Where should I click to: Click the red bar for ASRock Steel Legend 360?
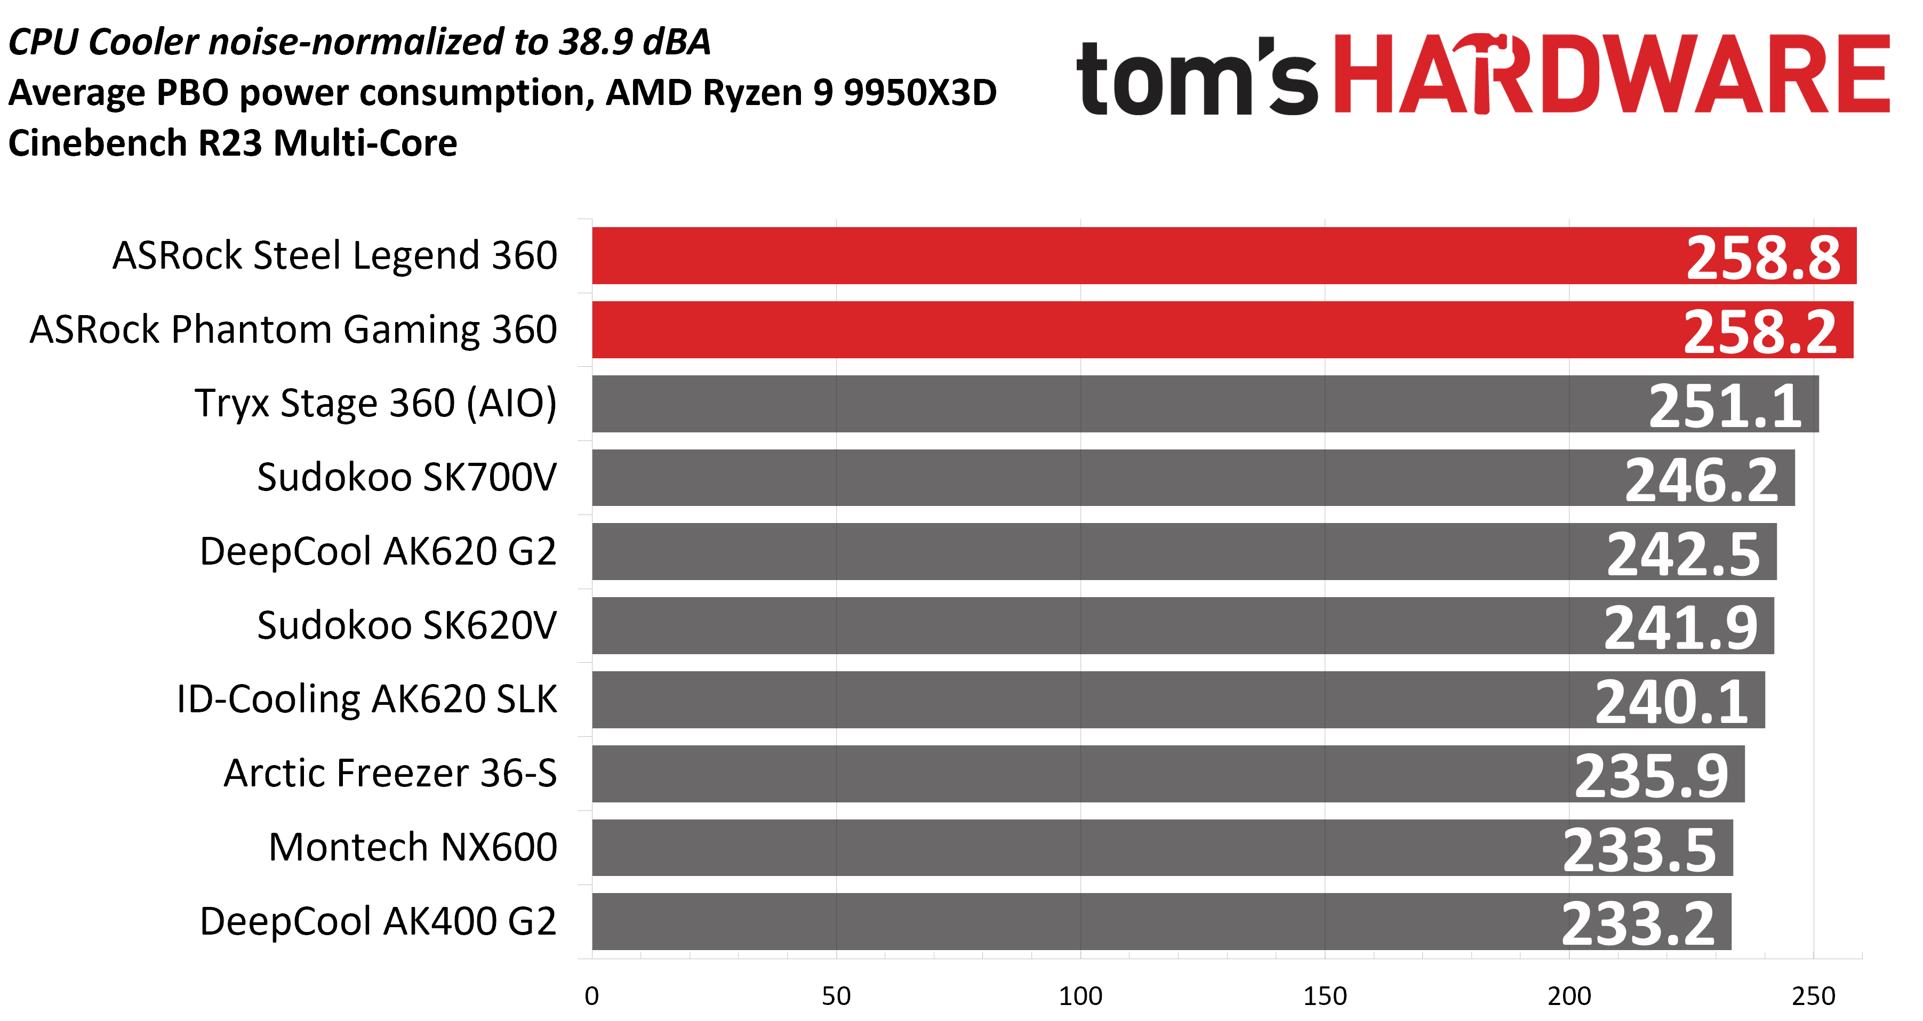pyautogui.click(x=1224, y=255)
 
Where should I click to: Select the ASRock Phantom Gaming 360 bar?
pyautogui.click(x=1223, y=330)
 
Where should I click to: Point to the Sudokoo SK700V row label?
pyautogui.click(x=407, y=477)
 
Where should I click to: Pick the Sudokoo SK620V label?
pyautogui.click(x=407, y=625)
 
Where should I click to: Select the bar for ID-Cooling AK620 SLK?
pyautogui.click(x=1179, y=700)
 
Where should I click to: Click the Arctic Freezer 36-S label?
pyautogui.click(x=390, y=773)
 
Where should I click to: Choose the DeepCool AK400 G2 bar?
pyautogui.click(x=1161, y=921)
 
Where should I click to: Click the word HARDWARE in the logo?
pyautogui.click(x=1612, y=74)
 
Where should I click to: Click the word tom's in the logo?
pyautogui.click(x=1197, y=77)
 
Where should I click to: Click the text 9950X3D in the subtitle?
pyautogui.click(x=920, y=93)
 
